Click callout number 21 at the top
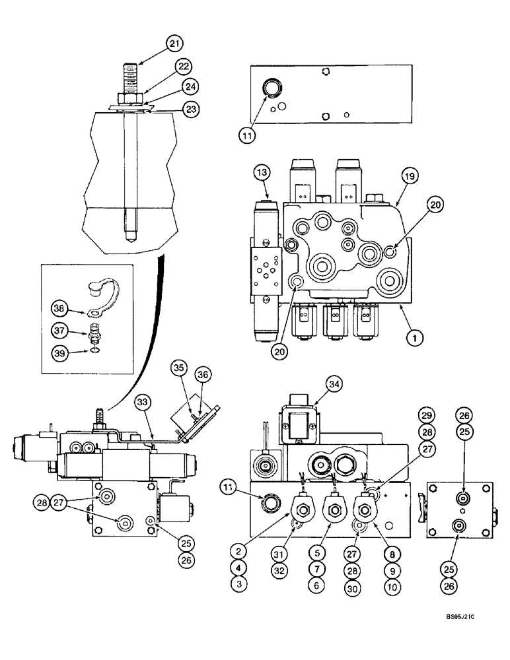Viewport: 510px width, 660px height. pos(174,44)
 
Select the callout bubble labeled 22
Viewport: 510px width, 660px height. pos(184,65)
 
